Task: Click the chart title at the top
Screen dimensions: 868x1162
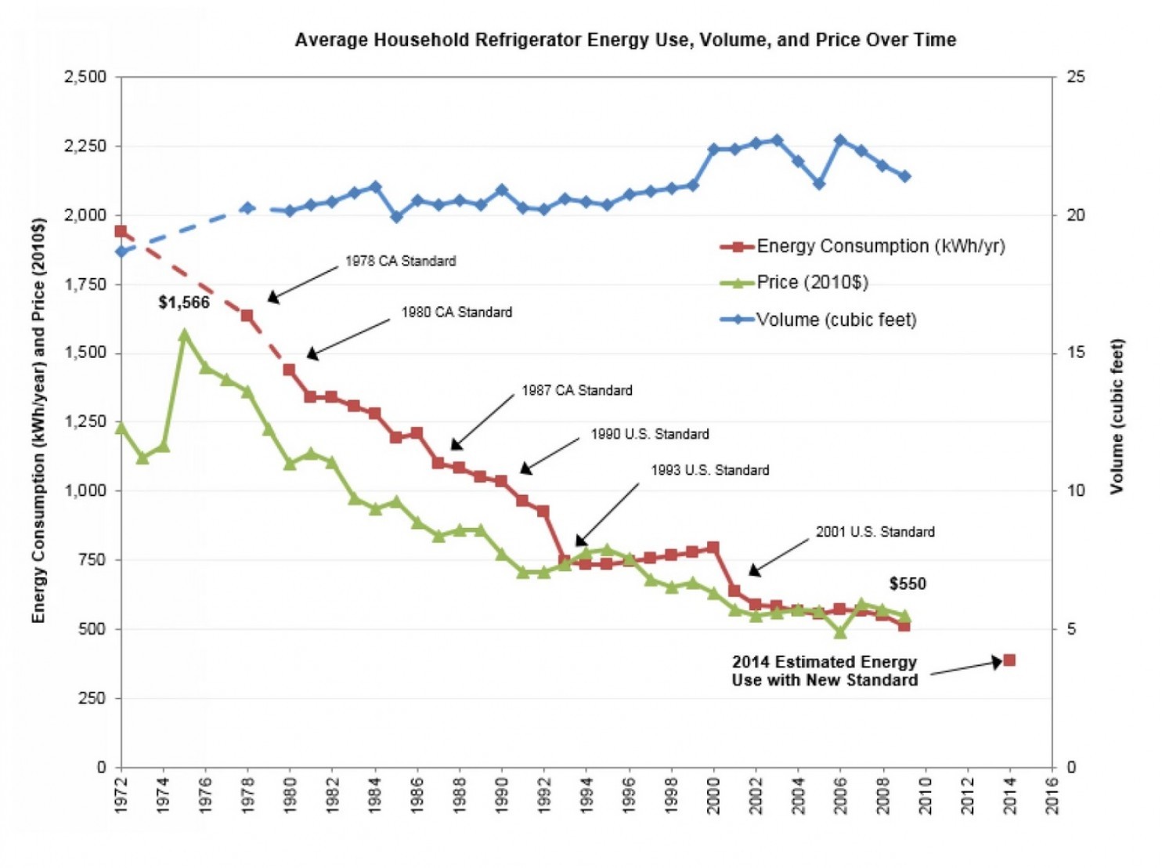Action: click(x=625, y=40)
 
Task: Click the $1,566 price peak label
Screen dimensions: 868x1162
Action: click(x=184, y=302)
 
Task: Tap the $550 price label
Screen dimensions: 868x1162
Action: click(x=908, y=584)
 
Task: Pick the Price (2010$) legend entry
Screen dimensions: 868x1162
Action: click(x=812, y=282)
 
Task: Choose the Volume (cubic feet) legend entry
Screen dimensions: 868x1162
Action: click(x=835, y=320)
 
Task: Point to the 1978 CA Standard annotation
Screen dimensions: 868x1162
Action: click(x=400, y=261)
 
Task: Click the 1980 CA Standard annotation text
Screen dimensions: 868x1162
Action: click(x=456, y=313)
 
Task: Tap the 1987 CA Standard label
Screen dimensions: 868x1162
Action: click(x=577, y=390)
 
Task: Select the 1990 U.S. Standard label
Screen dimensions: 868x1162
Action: click(x=650, y=434)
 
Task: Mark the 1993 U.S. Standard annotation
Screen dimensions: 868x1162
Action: click(x=710, y=470)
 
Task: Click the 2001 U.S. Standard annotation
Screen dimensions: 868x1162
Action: click(x=875, y=532)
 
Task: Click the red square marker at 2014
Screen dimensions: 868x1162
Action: click(x=1009, y=660)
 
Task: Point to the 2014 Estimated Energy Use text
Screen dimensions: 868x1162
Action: click(x=825, y=671)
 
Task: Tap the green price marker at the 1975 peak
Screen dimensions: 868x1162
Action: click(x=185, y=335)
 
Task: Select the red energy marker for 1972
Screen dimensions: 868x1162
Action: click(x=121, y=231)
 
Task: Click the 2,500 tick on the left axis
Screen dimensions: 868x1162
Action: click(x=85, y=77)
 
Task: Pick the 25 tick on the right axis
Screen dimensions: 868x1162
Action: click(x=1076, y=77)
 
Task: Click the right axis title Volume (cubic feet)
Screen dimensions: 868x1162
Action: click(x=1117, y=416)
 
